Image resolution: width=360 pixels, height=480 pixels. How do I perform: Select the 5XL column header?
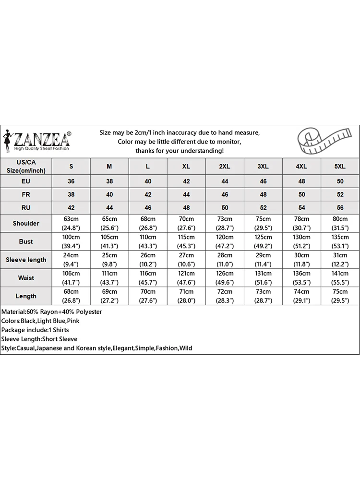pos(340,166)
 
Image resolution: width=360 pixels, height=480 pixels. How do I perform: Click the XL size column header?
pos(186,166)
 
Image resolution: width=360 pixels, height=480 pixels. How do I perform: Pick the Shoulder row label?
pos(26,223)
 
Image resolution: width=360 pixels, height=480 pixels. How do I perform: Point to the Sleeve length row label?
pos(26,260)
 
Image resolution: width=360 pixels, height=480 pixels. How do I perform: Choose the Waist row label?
pos(26,278)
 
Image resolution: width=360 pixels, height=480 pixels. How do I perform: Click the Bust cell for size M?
pos(109,241)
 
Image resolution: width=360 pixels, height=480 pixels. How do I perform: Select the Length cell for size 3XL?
pos(263,296)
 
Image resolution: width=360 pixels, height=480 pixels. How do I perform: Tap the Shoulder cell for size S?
pos(71,223)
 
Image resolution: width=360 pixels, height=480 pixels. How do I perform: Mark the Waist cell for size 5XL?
pos(340,278)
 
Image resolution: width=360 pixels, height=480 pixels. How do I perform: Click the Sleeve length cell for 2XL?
pos(225,260)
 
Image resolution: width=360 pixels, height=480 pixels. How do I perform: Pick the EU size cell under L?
pos(148,181)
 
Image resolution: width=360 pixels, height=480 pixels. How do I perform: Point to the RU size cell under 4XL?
pos(301,207)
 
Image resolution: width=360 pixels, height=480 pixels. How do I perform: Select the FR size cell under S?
pos(71,194)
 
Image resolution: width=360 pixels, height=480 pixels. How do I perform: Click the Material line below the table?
pos(52,312)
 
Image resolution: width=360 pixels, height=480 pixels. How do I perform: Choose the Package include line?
pos(35,330)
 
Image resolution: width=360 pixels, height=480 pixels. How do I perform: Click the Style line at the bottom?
pos(96,348)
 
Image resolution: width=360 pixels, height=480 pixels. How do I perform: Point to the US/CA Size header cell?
pos(26,166)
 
